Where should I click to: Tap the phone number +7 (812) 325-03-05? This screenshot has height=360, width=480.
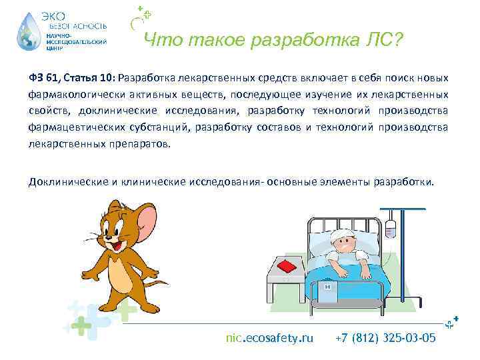coord(387,337)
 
